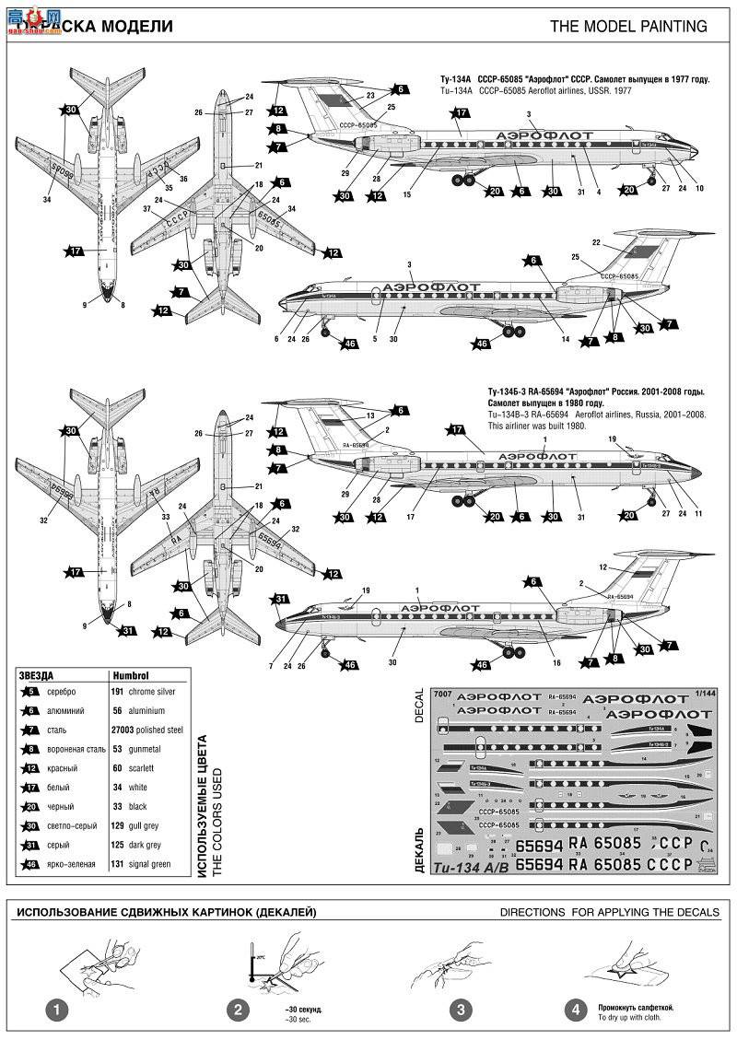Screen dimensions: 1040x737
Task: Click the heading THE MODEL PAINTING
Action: [628, 27]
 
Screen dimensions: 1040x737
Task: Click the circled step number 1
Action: [58, 1010]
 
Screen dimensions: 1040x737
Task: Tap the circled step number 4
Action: [577, 1010]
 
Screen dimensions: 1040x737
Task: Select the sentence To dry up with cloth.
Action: [629, 1017]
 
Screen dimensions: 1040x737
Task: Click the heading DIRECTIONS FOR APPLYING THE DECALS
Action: [609, 912]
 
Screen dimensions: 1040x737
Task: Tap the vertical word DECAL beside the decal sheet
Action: [418, 705]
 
